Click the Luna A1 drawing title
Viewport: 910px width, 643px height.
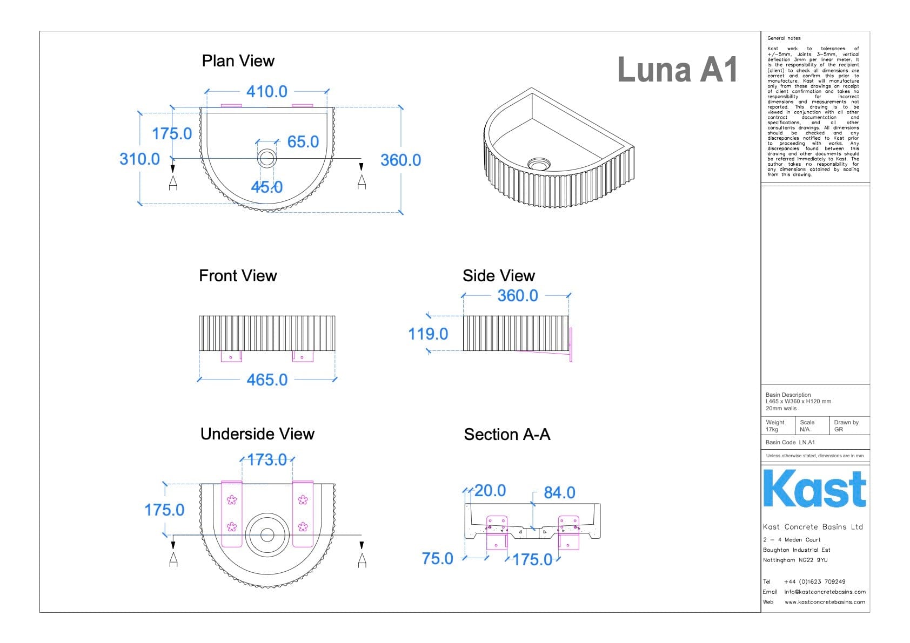coord(677,70)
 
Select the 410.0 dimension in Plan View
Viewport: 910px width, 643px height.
coord(266,92)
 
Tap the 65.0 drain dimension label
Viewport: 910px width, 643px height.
coord(303,142)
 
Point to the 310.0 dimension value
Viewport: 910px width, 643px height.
coord(139,159)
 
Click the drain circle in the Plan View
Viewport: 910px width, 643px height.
coord(266,158)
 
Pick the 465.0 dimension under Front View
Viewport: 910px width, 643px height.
coord(267,380)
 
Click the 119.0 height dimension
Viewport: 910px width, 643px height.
coord(428,334)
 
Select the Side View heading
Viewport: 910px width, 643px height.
coord(498,276)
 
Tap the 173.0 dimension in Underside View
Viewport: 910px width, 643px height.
coord(267,460)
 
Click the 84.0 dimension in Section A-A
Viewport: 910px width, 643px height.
coord(559,493)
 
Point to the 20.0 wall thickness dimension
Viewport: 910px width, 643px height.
coord(490,491)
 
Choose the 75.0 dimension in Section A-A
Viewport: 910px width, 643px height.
coord(437,559)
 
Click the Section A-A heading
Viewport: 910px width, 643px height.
coord(507,435)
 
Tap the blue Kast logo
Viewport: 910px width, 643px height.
coord(814,489)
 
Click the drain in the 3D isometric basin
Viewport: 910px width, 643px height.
coord(539,163)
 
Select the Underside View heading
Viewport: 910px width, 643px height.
coord(257,434)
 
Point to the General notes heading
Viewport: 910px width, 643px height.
coord(784,38)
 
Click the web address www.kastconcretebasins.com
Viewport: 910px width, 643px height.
coord(825,602)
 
